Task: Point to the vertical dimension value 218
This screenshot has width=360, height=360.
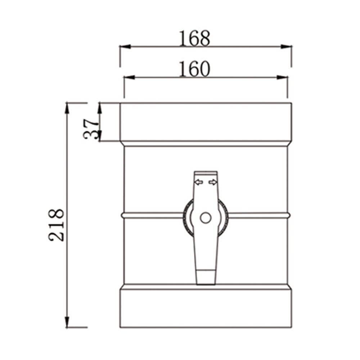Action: click(57, 225)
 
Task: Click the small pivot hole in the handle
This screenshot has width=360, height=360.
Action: click(206, 218)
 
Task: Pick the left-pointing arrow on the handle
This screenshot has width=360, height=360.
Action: click(198, 182)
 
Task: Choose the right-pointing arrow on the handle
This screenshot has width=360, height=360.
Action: click(213, 182)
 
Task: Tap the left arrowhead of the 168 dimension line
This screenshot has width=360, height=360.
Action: click(125, 46)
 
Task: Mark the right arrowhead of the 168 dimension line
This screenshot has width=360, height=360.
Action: click(287, 46)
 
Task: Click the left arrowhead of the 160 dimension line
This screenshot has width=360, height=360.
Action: click(129, 77)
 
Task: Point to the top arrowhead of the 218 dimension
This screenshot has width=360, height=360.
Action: click(67, 108)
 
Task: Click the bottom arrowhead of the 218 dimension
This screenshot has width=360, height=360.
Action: click(67, 322)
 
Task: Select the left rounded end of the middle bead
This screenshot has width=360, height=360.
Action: click(123, 215)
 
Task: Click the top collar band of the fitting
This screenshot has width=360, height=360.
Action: click(206, 122)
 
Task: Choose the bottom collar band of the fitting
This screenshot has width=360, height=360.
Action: click(206, 308)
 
